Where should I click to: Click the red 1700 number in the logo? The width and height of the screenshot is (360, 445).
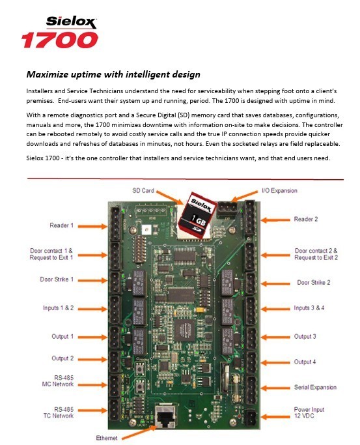(60, 40)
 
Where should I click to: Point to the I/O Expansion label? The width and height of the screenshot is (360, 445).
(279, 190)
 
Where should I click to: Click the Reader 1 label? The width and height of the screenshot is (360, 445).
(62, 225)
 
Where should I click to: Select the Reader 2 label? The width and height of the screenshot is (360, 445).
(306, 220)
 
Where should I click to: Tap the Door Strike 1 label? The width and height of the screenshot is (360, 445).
(61, 280)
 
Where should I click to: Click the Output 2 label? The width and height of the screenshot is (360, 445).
(62, 358)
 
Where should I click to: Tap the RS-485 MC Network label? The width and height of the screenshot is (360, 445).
(62, 381)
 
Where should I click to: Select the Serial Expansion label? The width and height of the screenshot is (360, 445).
(316, 387)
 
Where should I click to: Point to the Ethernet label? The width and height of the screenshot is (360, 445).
(107, 438)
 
